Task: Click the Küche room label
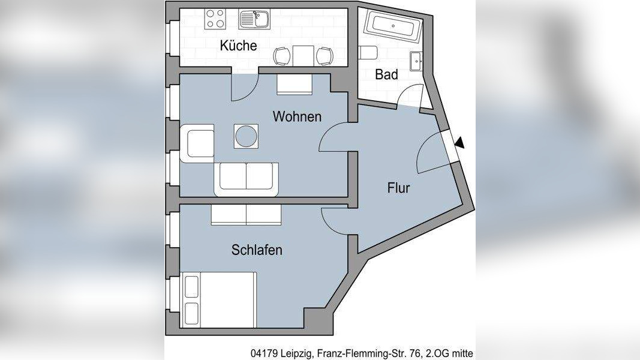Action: pos(238,46)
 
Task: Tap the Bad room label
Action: pos(386,75)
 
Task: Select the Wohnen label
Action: pos(297,116)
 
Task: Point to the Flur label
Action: pos(398,188)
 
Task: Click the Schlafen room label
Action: pos(257,250)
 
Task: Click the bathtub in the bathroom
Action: pos(392,26)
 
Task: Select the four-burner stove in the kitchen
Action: pos(215,19)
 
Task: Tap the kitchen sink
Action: pos(254,19)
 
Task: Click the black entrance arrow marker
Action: pos(459,143)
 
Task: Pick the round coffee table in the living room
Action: pos(246,136)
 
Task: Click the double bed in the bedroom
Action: pos(220,299)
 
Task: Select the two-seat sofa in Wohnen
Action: pos(246,178)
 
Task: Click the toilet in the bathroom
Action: pos(368,53)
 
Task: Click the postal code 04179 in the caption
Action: pos(265,353)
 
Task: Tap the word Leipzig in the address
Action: pos(297,353)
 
